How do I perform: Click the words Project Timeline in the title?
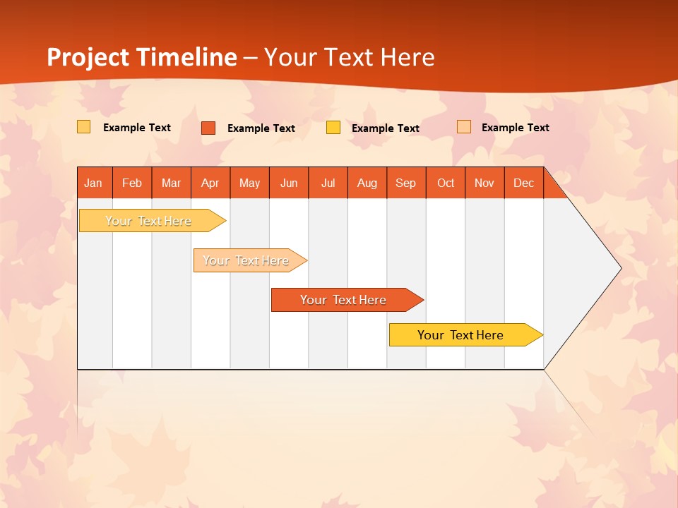coord(141,57)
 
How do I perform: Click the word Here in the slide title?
coord(408,57)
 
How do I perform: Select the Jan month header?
coord(93,183)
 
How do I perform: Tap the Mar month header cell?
coord(171,183)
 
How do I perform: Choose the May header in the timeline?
coord(249,183)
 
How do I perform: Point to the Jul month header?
coord(328,183)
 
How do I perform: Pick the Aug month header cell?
coord(367,183)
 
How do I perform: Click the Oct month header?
coord(446,183)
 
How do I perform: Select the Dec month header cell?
coord(523,183)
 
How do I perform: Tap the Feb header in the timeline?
coord(132,183)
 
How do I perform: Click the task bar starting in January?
coord(148,221)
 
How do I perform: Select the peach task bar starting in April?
coord(246,260)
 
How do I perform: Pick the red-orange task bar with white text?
coord(343,300)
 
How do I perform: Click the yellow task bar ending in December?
coord(460,335)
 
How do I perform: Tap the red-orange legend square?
coord(208,128)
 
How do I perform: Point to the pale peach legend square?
coord(463,127)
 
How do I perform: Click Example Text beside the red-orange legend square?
coord(261,128)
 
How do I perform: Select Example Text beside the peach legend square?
coord(516,128)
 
